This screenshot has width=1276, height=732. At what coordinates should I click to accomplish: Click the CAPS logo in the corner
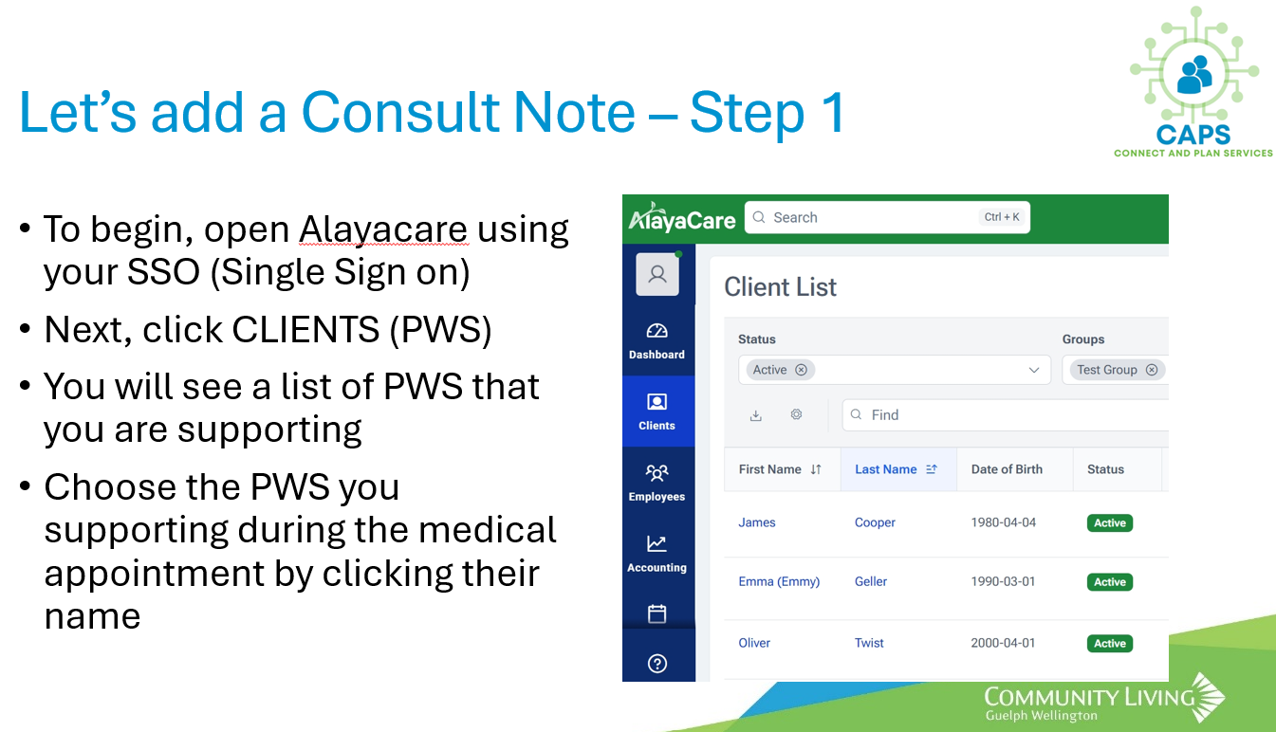[x=1193, y=82]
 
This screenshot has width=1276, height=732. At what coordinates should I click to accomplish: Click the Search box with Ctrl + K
[x=887, y=217]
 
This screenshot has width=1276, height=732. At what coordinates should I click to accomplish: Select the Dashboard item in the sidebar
[x=656, y=341]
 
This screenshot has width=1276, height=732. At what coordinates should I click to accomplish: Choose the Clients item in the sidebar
[x=657, y=412]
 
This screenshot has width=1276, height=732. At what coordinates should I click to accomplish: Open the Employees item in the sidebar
[x=656, y=483]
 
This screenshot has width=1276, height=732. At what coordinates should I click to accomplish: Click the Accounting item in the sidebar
[x=656, y=554]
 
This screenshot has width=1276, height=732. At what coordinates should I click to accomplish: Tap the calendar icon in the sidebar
[x=656, y=613]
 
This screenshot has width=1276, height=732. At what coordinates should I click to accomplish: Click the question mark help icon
[x=657, y=663]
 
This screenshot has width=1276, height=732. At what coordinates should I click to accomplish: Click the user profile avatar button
[x=657, y=274]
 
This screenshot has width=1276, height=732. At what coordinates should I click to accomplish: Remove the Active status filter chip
[x=801, y=370]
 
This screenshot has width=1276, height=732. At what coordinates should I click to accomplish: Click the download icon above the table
[x=756, y=415]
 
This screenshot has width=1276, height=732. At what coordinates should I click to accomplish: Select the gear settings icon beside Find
[x=796, y=414]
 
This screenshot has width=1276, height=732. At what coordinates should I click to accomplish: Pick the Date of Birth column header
[x=1007, y=469]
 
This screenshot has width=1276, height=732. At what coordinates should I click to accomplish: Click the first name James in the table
[x=756, y=522]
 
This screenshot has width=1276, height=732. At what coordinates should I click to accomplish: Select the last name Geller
[x=870, y=581]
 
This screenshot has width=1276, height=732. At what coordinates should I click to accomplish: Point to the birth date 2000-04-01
[x=1003, y=643]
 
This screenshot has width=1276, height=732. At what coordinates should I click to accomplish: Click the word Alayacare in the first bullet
[x=383, y=229]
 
